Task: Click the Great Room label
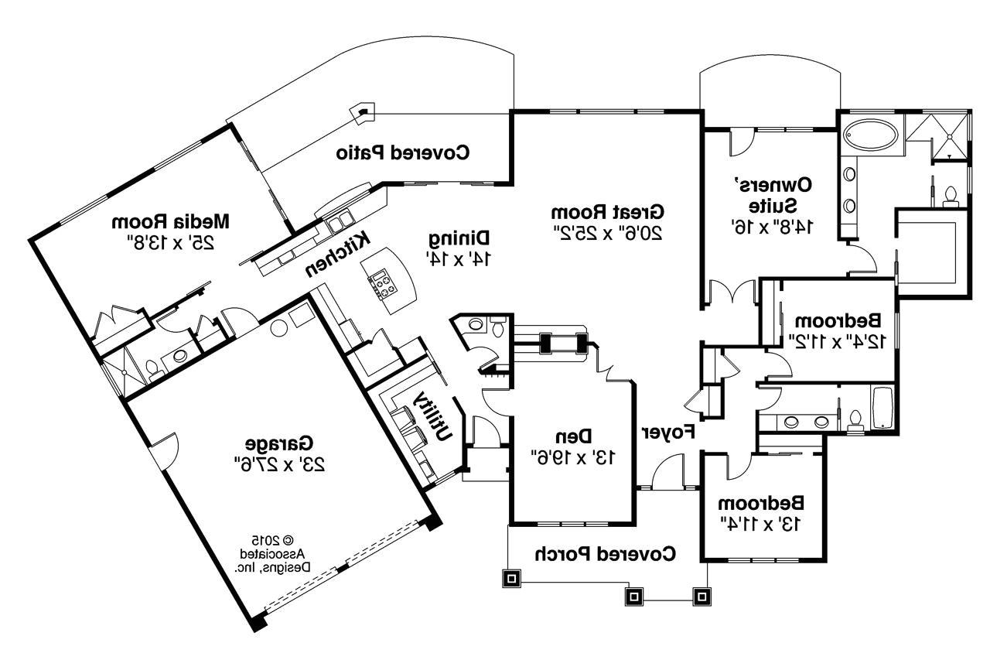pos(608,211)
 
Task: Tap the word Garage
pos(279,443)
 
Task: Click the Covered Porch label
pos(606,553)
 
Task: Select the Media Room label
pos(171,221)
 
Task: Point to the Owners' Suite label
pos(772,194)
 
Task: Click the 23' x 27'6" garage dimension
pos(279,463)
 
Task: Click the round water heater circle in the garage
pos(277,327)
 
